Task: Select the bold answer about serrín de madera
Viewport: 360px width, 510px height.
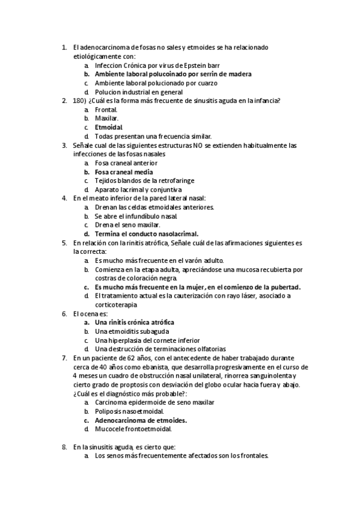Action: pos(173,74)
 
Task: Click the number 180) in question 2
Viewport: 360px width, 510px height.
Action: pos(81,100)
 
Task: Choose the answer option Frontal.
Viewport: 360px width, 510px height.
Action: pos(106,109)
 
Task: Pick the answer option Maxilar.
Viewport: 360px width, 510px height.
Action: pos(106,118)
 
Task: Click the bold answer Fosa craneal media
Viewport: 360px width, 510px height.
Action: pos(124,172)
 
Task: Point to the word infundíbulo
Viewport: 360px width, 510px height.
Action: pos(158,216)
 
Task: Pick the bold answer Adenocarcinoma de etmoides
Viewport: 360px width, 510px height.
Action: pos(141,420)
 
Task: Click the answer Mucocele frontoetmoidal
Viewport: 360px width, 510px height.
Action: pos(133,429)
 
